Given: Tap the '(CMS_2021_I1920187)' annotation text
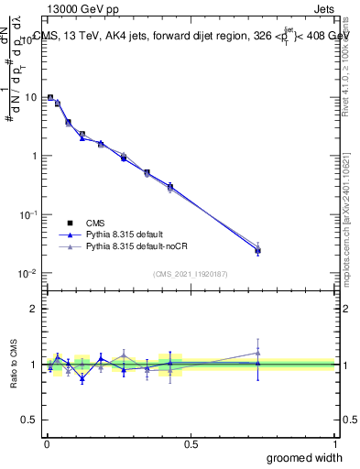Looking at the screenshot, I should [x=190, y=273].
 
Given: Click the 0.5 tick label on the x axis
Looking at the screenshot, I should [x=190, y=443].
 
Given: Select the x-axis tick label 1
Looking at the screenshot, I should [x=334, y=443].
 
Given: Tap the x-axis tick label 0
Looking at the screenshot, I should [x=46, y=443].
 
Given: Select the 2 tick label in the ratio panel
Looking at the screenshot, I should [x=35, y=309].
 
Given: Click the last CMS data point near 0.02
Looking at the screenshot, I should [x=257, y=250].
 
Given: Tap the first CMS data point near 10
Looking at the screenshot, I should [x=50, y=97].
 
